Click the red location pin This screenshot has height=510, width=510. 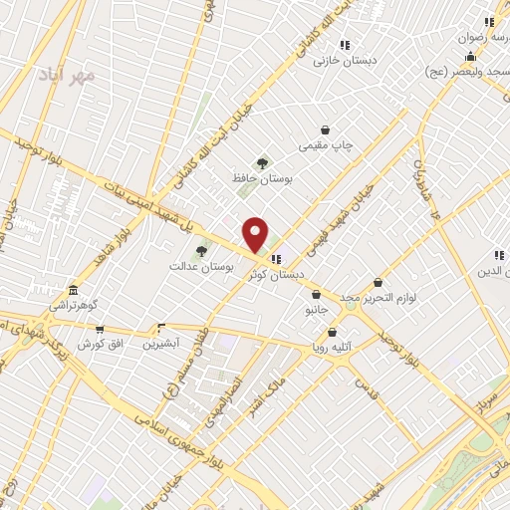pyautogui.click(x=256, y=235)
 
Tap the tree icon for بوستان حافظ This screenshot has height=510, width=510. pyautogui.click(x=262, y=162)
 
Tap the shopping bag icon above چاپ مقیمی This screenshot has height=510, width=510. pyautogui.click(x=325, y=129)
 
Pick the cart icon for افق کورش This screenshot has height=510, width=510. pyautogui.click(x=99, y=329)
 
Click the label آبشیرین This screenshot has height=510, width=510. pyautogui.click(x=160, y=344)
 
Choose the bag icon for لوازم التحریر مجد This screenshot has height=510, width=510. pyautogui.click(x=377, y=283)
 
